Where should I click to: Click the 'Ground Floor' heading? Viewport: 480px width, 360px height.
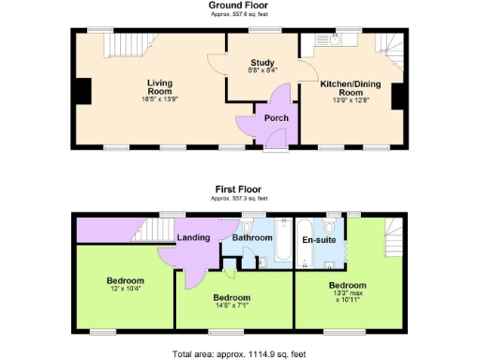pyautogui.click(x=239, y=6)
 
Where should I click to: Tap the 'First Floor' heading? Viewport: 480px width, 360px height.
pyautogui.click(x=239, y=188)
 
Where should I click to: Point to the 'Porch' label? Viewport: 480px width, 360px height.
pyautogui.click(x=276, y=118)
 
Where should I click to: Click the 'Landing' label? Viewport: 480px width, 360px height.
pyautogui.click(x=194, y=237)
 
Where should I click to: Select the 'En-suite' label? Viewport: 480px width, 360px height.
pyautogui.click(x=320, y=239)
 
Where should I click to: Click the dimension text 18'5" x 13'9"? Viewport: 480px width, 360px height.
pyautogui.click(x=146, y=98)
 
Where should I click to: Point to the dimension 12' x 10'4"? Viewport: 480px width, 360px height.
pyautogui.click(x=125, y=290)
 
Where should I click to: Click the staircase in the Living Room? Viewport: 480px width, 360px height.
pyautogui.click(x=127, y=44)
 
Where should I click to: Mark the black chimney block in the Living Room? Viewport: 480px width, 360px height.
pyautogui.click(x=83, y=92)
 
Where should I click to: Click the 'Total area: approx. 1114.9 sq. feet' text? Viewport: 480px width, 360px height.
pyautogui.click(x=239, y=353)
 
